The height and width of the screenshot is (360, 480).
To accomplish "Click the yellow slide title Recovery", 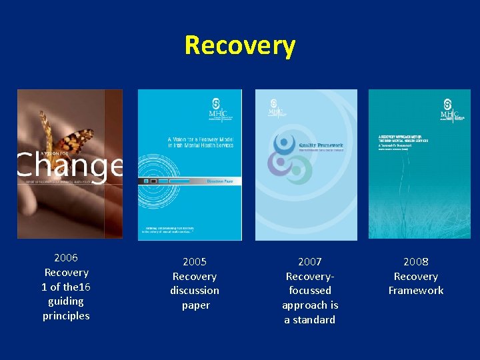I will [240, 45].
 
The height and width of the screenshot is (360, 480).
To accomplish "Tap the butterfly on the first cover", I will [61, 141].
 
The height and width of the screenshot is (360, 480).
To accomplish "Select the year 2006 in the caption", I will [66, 257].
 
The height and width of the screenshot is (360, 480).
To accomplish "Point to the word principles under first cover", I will [66, 315].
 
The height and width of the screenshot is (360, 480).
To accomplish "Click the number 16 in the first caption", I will [84, 287].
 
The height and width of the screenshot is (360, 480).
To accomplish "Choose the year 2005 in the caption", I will [195, 261].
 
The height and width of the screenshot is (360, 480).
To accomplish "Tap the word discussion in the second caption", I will [195, 291].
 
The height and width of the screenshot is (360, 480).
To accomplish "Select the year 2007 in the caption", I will [310, 261].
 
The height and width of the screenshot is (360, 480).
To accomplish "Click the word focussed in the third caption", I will [310, 291].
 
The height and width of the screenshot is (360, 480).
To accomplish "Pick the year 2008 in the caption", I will [416, 261].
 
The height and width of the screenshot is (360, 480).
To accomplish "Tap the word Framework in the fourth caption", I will [416, 291].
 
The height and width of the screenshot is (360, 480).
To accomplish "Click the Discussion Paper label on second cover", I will [215, 181].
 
